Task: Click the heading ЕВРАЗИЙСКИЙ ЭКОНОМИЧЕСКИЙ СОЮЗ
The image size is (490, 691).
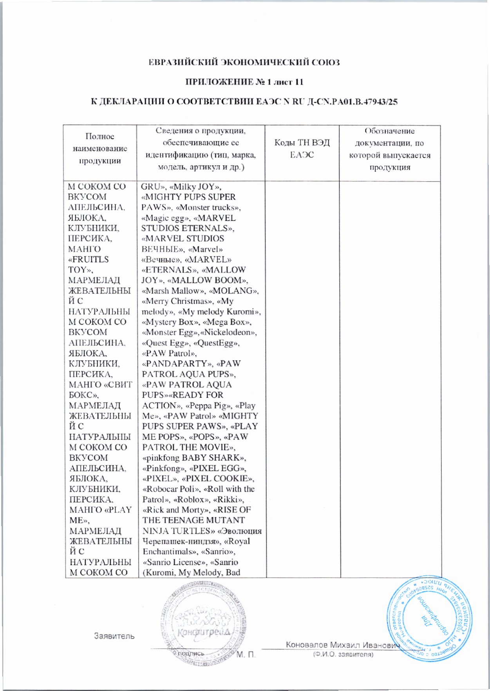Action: pos(244,62)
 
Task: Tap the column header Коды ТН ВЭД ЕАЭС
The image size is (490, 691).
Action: pos(302,149)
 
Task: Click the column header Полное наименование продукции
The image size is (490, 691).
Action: pos(100,149)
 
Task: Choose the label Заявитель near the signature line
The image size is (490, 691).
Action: pos(114,636)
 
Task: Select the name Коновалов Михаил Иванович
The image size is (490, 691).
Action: pos(342,645)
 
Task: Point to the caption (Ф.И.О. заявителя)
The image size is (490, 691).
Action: pos(342,654)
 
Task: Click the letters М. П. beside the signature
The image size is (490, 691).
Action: pos(246,654)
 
